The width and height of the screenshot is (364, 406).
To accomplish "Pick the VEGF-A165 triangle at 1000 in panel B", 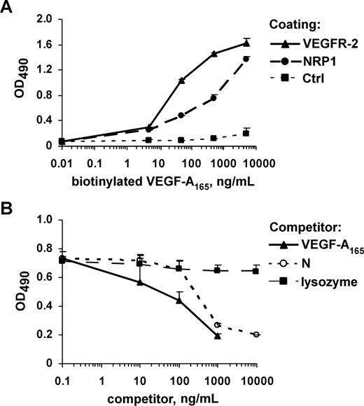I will (x=218, y=336).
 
